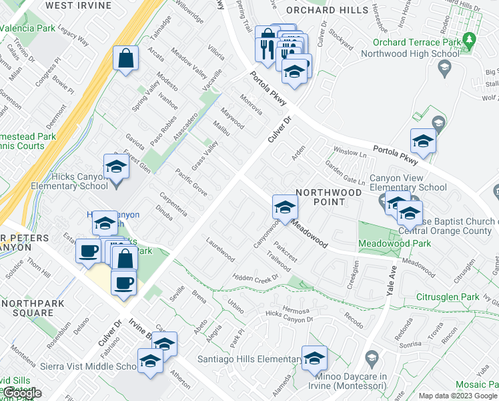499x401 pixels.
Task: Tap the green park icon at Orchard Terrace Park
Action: (x=470, y=40)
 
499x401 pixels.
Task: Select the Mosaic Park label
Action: (x=476, y=385)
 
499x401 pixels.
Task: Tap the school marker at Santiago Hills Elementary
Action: (x=314, y=359)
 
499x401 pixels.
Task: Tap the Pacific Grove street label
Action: (x=191, y=181)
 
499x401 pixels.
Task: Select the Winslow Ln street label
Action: (x=350, y=152)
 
